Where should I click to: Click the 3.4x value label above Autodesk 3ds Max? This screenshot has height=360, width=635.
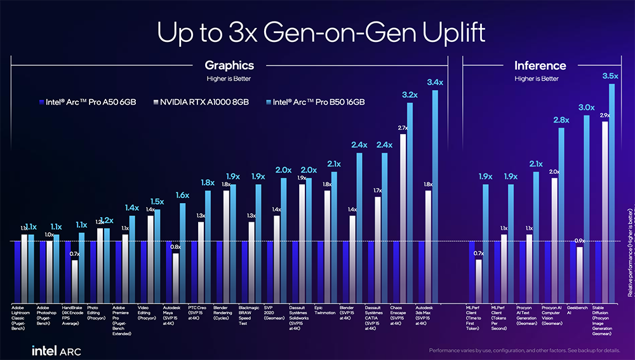[435, 82]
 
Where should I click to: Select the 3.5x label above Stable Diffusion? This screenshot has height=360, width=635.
[610, 76]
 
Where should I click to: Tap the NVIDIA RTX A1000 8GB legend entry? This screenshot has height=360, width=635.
[199, 102]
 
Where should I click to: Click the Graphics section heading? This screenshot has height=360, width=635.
[229, 65]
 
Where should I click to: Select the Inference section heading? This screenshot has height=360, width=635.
[540, 65]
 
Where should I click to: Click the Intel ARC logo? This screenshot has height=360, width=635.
[56, 350]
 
